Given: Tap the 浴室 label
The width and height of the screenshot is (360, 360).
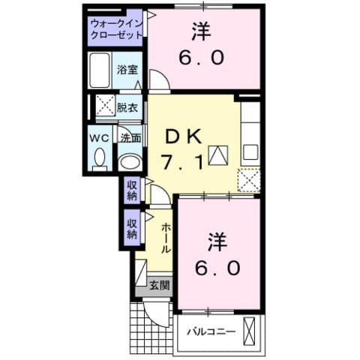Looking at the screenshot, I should [127, 70].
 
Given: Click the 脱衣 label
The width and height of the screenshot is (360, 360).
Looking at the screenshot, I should [127, 107].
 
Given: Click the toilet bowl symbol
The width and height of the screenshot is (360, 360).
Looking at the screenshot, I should [100, 157].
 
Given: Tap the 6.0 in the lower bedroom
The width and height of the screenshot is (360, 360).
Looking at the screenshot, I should [217, 267].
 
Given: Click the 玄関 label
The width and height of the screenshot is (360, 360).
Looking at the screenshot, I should [158, 286].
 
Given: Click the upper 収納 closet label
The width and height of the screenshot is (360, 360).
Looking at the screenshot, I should [132, 190].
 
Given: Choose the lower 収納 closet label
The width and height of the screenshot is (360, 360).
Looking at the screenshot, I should [132, 228].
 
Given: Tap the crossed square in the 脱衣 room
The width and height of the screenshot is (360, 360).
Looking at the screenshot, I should [103, 107].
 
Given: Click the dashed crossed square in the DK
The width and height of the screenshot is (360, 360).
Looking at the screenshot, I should [248, 180].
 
